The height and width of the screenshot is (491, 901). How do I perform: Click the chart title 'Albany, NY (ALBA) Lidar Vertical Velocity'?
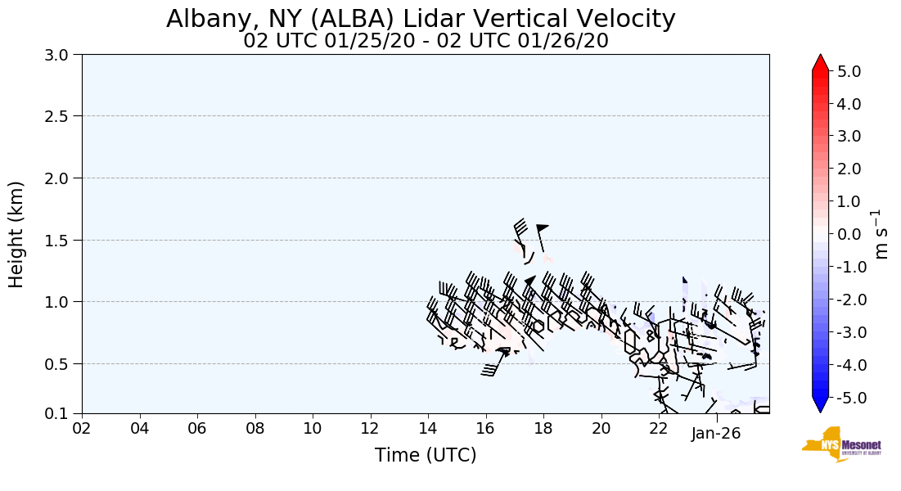(421, 19)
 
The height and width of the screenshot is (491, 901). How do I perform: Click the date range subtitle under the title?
(426, 41)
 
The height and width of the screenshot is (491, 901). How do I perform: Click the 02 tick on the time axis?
(82, 429)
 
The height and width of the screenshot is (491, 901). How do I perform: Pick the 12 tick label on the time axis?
(371, 429)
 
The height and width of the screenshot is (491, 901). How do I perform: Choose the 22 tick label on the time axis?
(660, 429)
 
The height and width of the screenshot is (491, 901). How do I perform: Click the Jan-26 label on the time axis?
(717, 433)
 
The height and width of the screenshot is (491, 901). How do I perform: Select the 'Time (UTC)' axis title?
(426, 455)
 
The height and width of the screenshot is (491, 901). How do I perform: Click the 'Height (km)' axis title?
(16, 234)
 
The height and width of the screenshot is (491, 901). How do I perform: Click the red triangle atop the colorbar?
(821, 63)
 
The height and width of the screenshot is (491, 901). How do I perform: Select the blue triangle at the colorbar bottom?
(821, 404)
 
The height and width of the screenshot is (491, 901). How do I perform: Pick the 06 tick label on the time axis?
(197, 429)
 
